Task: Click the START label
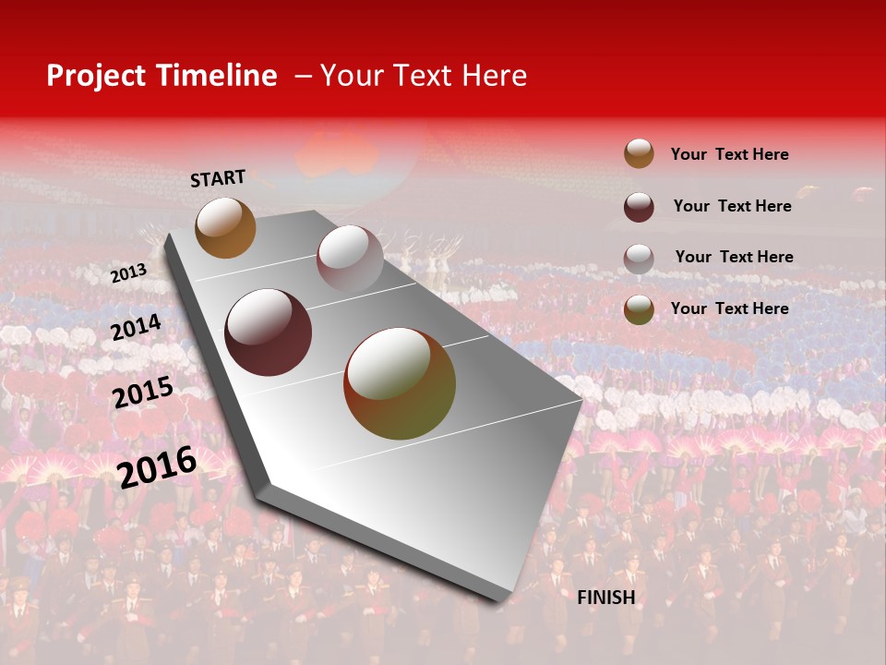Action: (x=218, y=178)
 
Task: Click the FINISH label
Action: (x=605, y=598)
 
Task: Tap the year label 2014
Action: (x=137, y=328)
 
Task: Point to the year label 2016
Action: (x=157, y=466)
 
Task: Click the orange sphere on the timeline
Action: (x=225, y=227)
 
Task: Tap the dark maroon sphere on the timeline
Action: (x=269, y=332)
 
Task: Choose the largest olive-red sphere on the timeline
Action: (x=400, y=383)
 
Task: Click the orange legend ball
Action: (x=639, y=153)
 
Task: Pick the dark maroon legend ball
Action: (x=639, y=207)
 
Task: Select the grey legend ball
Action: (x=639, y=259)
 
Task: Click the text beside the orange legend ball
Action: (x=729, y=154)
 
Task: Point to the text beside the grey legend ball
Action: (x=734, y=257)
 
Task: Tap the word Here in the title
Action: (x=494, y=76)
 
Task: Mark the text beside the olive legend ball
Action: (x=729, y=308)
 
